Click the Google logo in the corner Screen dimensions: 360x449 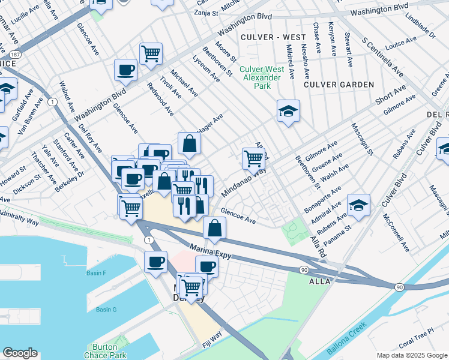20,353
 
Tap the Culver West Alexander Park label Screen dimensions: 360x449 262,77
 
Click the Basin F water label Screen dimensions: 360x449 96,274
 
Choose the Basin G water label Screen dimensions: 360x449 106,310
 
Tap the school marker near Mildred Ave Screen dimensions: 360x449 288,111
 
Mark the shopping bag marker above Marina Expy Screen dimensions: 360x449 214,228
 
